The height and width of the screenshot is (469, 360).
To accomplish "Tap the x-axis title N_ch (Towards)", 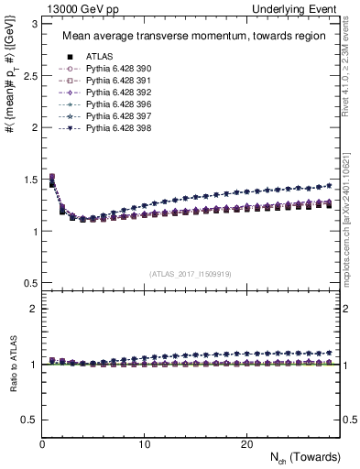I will (306, 456).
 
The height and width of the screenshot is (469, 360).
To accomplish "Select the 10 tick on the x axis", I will (145, 443).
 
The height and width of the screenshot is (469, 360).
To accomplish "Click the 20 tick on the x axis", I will (246, 443).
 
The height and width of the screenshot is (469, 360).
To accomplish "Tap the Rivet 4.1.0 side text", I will (353, 73).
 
